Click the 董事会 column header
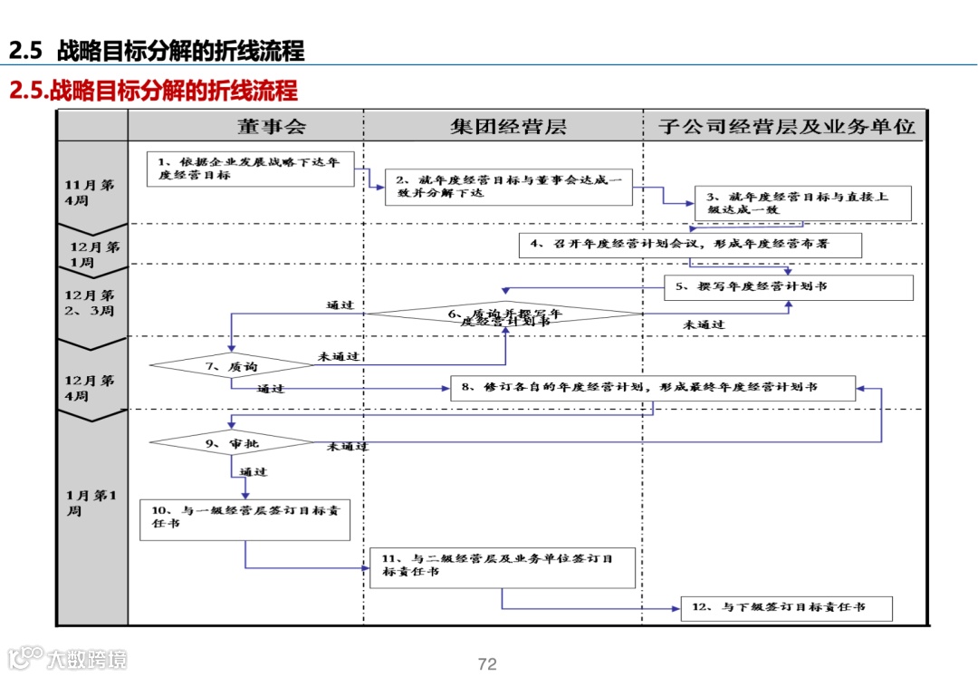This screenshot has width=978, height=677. [x=272, y=126]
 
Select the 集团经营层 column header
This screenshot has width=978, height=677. [x=508, y=126]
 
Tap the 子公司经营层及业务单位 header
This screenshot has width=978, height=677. [x=786, y=126]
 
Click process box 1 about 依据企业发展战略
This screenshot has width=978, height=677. [x=250, y=169]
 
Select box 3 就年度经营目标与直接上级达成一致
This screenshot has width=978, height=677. [x=802, y=203]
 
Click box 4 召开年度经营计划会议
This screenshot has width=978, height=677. [x=690, y=245]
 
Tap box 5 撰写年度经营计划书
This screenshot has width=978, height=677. [x=788, y=287]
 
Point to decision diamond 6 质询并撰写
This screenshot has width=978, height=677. [x=503, y=314]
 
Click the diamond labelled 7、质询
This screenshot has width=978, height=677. [x=232, y=366]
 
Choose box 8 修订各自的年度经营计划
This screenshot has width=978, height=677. [x=652, y=388]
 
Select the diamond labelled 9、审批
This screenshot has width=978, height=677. [x=232, y=443]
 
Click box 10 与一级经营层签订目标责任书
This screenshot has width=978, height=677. [x=244, y=519]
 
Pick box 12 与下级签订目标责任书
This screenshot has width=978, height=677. [x=786, y=608]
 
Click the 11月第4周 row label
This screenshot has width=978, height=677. [x=90, y=192]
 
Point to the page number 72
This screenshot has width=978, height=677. [x=487, y=664]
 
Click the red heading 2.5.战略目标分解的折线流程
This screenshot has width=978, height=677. [x=153, y=92]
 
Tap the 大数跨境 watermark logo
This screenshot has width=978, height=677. [x=68, y=658]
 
